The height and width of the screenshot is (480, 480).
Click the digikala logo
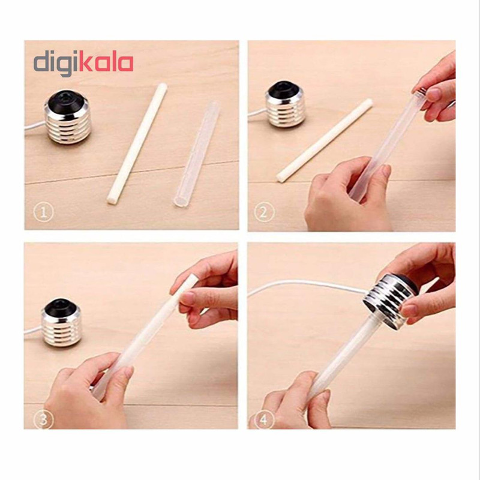83,64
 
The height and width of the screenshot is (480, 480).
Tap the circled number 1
43,212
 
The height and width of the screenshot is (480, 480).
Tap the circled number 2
264,212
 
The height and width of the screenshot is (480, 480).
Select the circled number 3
44,419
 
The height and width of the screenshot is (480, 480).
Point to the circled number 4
263,420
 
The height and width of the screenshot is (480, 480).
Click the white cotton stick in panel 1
137,143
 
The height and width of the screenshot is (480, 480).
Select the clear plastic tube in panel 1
197,155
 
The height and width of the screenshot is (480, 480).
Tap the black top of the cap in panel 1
68,100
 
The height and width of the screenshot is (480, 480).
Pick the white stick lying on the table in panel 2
325,140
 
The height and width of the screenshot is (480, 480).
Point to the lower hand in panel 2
346,196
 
